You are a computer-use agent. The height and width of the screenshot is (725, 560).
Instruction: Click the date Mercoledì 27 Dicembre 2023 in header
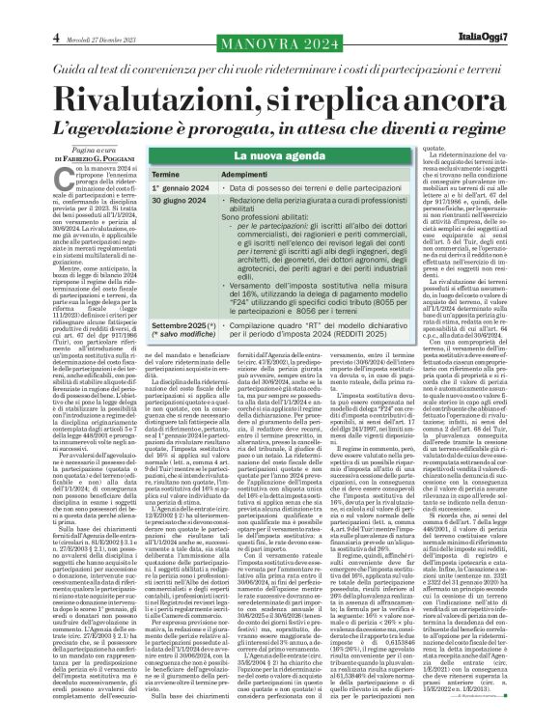tap(68, 12)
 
